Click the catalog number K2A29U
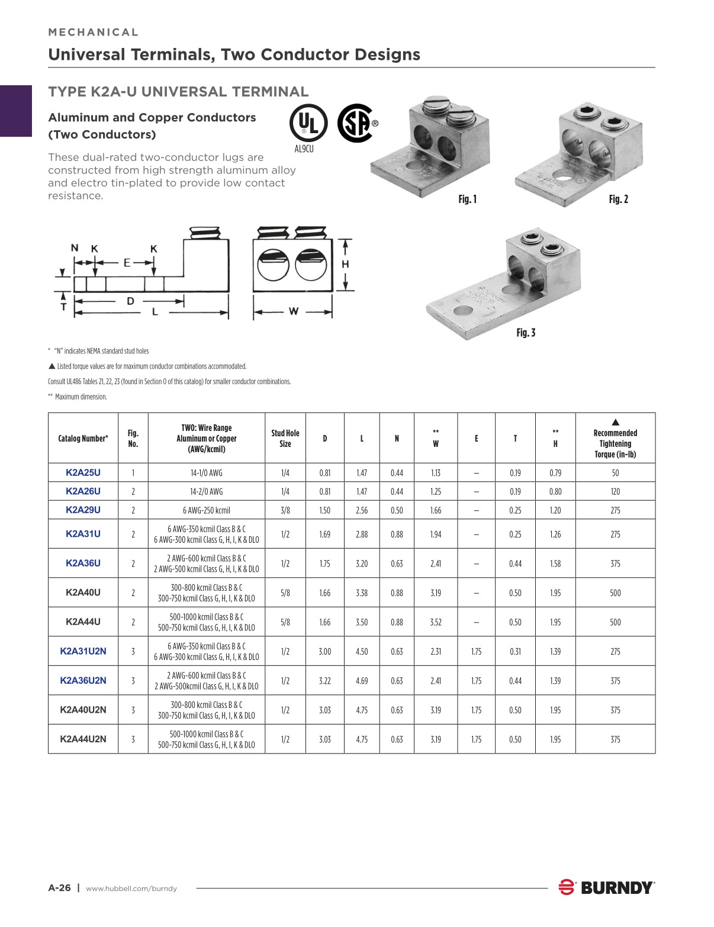(83, 510)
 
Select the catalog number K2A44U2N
(83, 739)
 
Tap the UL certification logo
(308, 123)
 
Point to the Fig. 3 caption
(526, 333)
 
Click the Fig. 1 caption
(467, 199)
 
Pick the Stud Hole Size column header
(285, 438)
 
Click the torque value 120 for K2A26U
(615, 491)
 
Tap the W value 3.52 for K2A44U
(436, 622)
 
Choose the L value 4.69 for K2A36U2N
(362, 681)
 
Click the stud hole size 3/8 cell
(285, 510)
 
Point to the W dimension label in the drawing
(293, 311)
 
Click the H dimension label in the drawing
(345, 264)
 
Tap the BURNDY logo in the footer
(607, 887)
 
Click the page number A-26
(59, 888)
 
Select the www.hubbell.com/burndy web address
(131, 889)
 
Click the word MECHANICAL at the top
(94, 33)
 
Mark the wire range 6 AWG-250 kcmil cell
(206, 510)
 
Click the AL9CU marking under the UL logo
(304, 149)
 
